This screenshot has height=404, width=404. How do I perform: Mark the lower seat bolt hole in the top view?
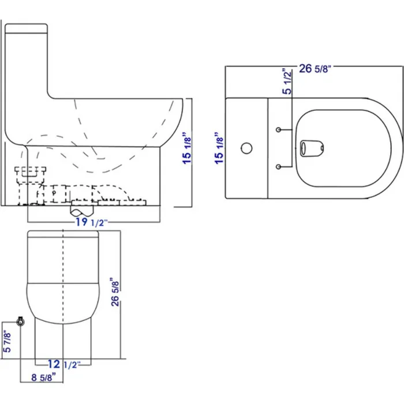coord(279,167)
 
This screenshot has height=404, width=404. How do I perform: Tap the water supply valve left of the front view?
coord(20,321)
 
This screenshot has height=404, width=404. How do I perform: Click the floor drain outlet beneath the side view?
coord(82,208)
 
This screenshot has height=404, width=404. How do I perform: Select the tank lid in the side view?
coord(26,27)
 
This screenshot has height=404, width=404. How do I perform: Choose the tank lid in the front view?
coord(62,235)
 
